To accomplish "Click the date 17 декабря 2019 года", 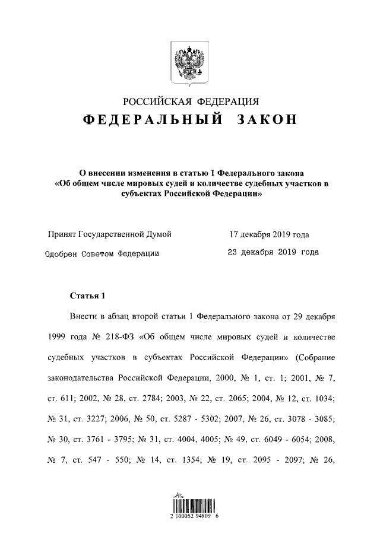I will coord(269,234).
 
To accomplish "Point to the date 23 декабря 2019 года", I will coord(273,252).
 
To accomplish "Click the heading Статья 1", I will coord(87,295).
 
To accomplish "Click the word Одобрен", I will coord(66,253).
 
